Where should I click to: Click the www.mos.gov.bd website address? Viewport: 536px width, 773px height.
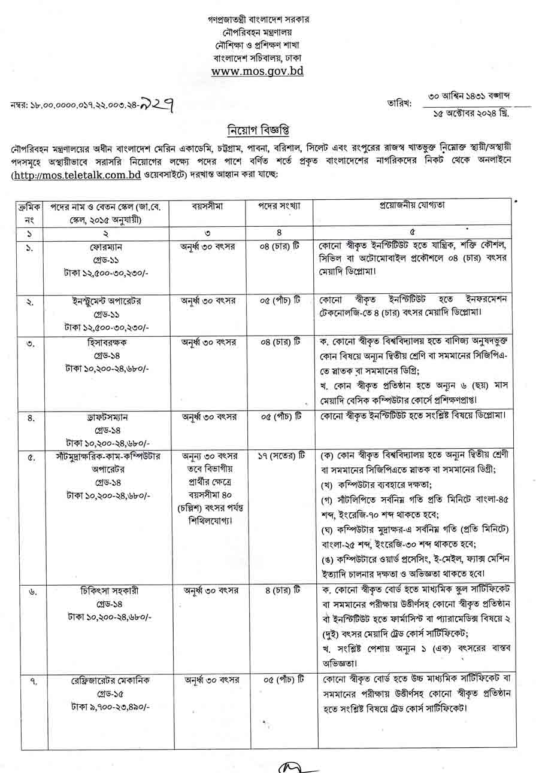coord(258,71)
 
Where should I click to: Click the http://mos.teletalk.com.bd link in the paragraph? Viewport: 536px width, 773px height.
coord(76,175)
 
